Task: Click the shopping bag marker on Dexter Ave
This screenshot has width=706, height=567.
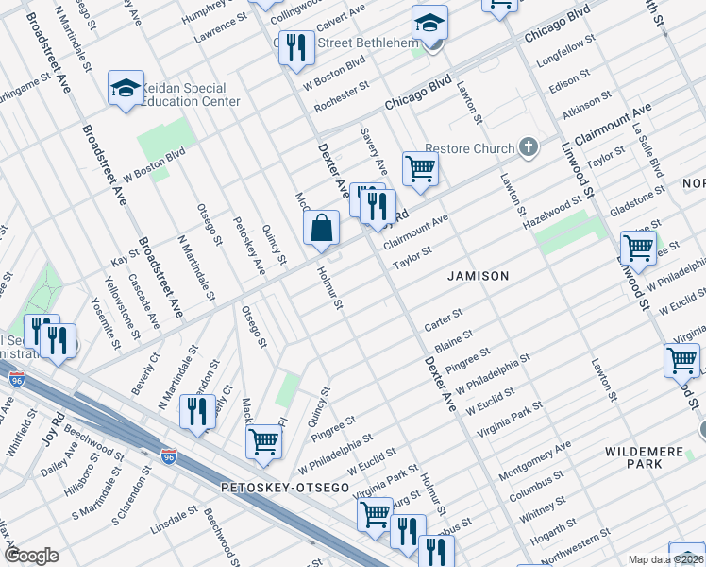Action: [321, 228]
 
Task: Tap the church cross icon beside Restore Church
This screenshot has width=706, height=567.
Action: [529, 147]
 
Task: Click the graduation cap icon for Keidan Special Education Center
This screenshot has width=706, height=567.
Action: [125, 89]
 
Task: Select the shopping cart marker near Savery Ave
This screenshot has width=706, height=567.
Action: [420, 170]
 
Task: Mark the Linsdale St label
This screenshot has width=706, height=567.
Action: [172, 521]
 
